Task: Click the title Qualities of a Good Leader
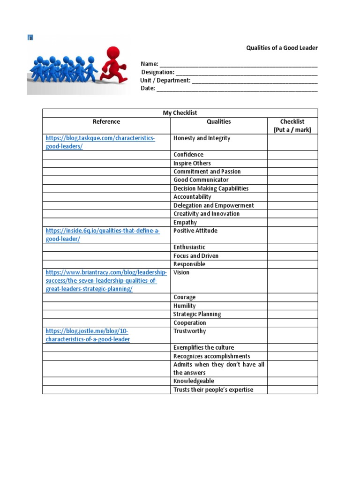(282, 48)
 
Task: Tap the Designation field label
(157, 72)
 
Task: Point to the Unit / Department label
(165, 80)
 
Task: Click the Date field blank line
(237, 89)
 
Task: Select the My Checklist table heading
(180, 113)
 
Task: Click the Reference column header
(106, 121)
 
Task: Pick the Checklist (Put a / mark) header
(292, 126)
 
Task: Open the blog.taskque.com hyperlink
(100, 142)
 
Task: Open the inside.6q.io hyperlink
(102, 235)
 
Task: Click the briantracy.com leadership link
(105, 280)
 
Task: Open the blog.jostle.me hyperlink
(88, 335)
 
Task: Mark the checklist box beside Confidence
(292, 155)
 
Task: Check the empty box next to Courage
(292, 297)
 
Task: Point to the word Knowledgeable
(194, 381)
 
